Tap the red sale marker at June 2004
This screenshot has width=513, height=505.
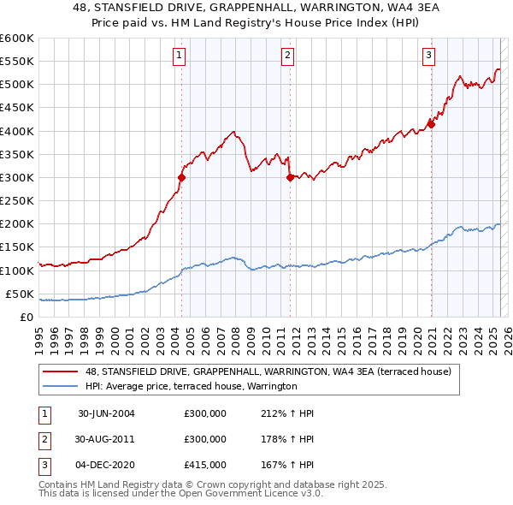182,178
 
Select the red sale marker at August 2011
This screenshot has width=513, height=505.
291,178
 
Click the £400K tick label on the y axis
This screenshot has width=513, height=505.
16,131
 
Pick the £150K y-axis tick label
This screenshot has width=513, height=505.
16,247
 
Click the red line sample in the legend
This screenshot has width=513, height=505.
60,371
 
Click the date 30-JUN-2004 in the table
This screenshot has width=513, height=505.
106,413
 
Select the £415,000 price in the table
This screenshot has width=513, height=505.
205,465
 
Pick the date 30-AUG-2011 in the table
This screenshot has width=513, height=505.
106,439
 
